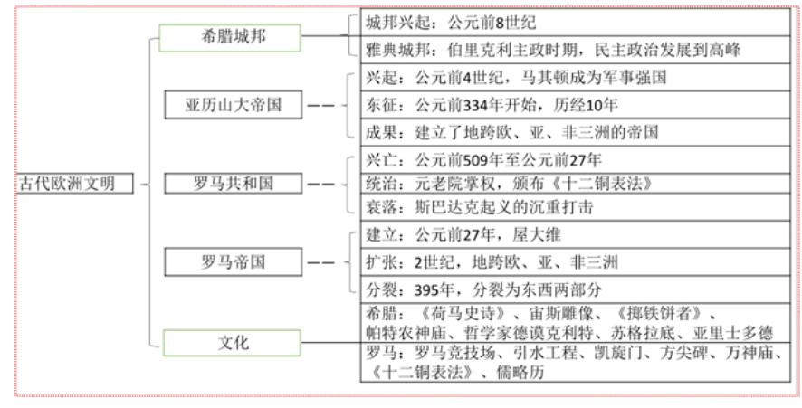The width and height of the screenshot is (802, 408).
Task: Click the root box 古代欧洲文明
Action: (x=76, y=183)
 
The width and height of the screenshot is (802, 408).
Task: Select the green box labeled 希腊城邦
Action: (x=230, y=37)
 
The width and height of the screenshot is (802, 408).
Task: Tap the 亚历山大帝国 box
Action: (x=234, y=105)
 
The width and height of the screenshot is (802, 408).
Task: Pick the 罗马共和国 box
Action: (x=234, y=183)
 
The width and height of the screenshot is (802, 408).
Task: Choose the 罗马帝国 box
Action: (x=234, y=262)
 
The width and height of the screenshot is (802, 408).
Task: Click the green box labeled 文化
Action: (x=232, y=343)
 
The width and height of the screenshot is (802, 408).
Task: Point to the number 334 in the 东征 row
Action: (x=477, y=105)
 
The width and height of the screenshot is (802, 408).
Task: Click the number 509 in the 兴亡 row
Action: (x=477, y=160)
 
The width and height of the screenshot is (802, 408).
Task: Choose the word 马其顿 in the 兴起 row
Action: (x=544, y=77)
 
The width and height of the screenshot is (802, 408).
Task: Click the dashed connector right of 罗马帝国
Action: (x=320, y=262)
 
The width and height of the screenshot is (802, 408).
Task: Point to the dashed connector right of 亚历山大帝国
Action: (x=320, y=105)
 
